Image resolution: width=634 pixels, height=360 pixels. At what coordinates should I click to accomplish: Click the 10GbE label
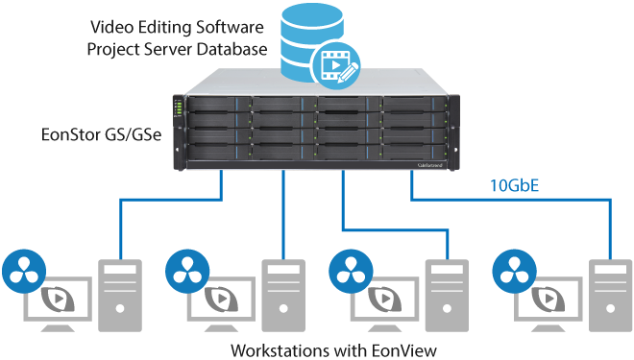coord(514,185)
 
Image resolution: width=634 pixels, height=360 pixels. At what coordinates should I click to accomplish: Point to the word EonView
coord(403,349)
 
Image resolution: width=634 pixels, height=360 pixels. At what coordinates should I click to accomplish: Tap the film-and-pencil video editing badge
coord(336,65)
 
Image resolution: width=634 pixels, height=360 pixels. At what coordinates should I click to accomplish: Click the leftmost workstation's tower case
coord(120,296)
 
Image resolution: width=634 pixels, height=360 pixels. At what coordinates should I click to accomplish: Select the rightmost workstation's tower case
coord(611,296)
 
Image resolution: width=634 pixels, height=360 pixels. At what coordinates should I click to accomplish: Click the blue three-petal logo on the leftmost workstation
coord(24,271)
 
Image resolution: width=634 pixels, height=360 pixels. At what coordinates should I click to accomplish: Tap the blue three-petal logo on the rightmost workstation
coord(515,271)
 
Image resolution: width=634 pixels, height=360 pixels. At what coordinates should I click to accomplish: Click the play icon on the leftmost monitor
coord(59,299)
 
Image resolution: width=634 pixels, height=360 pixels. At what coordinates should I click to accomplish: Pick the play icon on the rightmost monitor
coord(549,299)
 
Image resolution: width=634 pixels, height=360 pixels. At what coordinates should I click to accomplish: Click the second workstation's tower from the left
coord(283,296)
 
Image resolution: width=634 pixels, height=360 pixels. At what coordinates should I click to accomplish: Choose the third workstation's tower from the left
coord(447,296)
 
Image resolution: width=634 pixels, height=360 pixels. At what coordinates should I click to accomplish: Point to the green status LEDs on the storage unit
coord(177,108)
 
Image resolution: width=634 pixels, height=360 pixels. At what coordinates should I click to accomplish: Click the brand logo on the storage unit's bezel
coord(429,165)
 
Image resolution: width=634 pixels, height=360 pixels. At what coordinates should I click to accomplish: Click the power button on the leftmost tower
coord(120,309)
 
